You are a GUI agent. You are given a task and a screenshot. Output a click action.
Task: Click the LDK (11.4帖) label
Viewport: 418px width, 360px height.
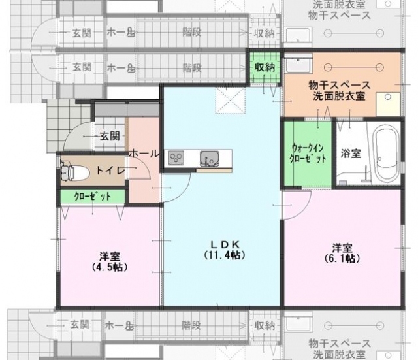[225, 250]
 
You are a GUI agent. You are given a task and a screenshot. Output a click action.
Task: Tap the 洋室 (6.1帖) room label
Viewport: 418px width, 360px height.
[342, 253]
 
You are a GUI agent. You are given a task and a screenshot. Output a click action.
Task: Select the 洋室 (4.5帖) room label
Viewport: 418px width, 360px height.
[110, 261]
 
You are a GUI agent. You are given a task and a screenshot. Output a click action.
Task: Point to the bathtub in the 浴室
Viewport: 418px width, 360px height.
[386, 155]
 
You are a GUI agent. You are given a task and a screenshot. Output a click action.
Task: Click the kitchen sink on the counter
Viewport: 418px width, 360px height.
[210, 159]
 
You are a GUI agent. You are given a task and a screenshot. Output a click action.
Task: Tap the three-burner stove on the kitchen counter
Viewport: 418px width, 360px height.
[176, 158]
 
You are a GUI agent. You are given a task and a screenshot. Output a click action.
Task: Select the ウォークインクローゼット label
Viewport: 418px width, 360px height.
[308, 153]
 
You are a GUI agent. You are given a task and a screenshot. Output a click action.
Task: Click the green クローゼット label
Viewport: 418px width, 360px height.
[92, 197]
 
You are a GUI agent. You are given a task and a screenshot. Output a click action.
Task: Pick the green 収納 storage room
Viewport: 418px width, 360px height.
[265, 67]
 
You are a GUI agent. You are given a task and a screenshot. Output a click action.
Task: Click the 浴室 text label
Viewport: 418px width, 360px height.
[351, 154]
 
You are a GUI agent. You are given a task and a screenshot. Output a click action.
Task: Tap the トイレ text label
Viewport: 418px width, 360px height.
[110, 170]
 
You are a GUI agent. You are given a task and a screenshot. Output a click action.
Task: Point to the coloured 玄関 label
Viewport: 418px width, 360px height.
[110, 137]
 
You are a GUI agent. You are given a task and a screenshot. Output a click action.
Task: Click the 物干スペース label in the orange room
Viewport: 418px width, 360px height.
[340, 86]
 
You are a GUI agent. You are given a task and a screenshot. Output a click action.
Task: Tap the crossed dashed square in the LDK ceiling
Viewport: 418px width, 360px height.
[231, 101]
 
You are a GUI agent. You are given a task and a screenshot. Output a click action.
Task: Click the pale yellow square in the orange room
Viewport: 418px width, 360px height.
[388, 104]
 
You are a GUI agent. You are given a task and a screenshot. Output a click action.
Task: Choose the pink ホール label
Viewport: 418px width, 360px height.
[144, 154]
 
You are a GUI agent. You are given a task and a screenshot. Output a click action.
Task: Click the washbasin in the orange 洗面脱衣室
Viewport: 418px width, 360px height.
[298, 63]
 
